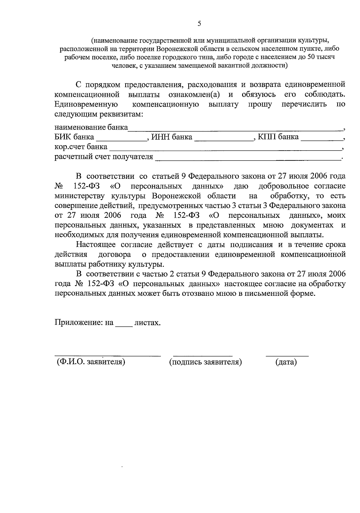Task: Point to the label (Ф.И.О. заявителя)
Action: (91, 362)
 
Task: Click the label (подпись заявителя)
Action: (205, 362)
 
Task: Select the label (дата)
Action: (286, 362)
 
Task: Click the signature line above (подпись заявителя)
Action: (203, 356)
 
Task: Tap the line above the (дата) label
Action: (287, 356)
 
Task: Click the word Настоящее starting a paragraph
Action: (96, 245)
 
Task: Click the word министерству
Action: (79, 196)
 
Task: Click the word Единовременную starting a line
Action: (86, 104)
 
